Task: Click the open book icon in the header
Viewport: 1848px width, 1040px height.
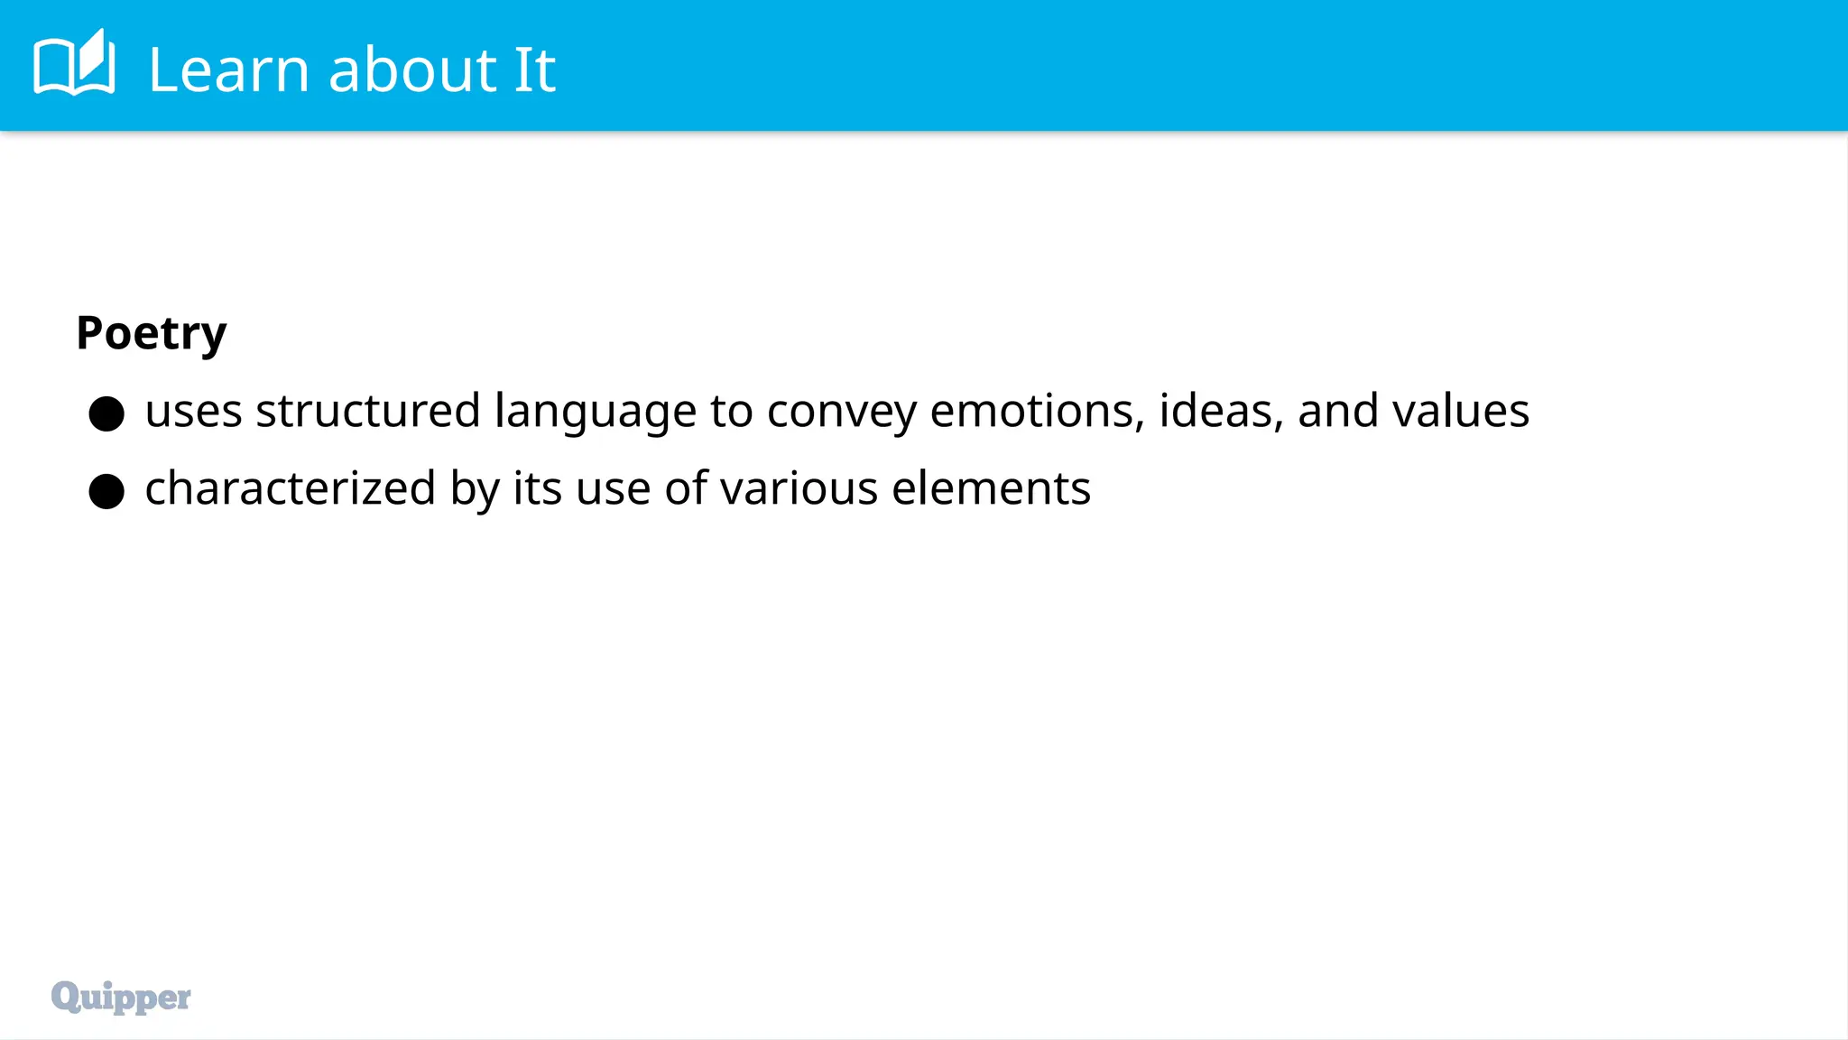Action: (x=74, y=63)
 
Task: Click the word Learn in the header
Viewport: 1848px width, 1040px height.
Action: (x=229, y=70)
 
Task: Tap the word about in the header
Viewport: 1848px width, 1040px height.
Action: (x=412, y=70)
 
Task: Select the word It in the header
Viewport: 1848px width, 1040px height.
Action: (x=534, y=70)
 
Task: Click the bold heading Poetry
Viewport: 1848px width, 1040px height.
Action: (x=152, y=333)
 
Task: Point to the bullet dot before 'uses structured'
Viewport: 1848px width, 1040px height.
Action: (x=106, y=413)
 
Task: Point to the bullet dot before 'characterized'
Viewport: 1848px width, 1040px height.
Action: (x=106, y=491)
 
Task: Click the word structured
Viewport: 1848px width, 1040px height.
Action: (x=367, y=411)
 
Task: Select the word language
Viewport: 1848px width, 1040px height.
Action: (x=595, y=413)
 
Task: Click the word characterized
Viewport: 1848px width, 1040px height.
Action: (x=291, y=488)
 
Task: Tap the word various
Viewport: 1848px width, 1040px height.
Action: (x=799, y=488)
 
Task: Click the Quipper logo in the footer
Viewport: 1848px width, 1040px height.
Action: (x=121, y=997)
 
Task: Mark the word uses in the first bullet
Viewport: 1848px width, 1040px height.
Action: (x=193, y=413)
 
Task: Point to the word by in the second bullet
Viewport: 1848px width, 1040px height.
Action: (x=475, y=490)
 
